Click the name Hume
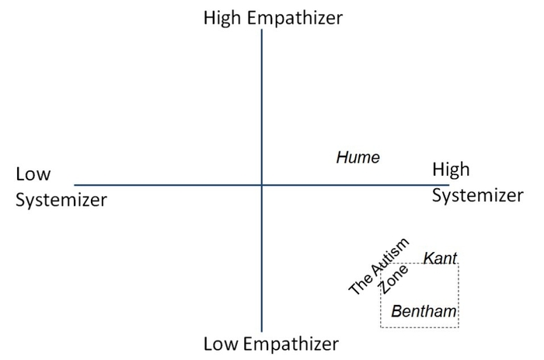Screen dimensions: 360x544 click(x=357, y=158)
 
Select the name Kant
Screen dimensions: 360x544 click(x=440, y=258)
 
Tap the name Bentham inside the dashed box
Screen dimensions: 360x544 click(x=424, y=312)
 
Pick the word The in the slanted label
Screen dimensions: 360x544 click(x=360, y=285)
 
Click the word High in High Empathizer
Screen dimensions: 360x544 click(x=224, y=18)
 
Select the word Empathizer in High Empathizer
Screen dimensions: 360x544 click(x=296, y=19)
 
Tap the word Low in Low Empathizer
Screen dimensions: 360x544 click(x=221, y=344)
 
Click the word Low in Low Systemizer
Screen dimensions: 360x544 click(x=33, y=175)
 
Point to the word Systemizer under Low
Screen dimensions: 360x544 click(x=61, y=200)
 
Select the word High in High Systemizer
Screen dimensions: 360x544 click(x=451, y=170)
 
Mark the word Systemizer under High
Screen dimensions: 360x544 click(x=477, y=195)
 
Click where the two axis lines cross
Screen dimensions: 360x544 click(x=262, y=185)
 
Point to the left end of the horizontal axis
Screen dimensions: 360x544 click(x=75, y=185)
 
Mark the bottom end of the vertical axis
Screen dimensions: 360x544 click(x=262, y=331)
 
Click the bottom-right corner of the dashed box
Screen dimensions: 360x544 click(x=459, y=327)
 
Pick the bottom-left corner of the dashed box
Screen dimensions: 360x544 click(x=380, y=327)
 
